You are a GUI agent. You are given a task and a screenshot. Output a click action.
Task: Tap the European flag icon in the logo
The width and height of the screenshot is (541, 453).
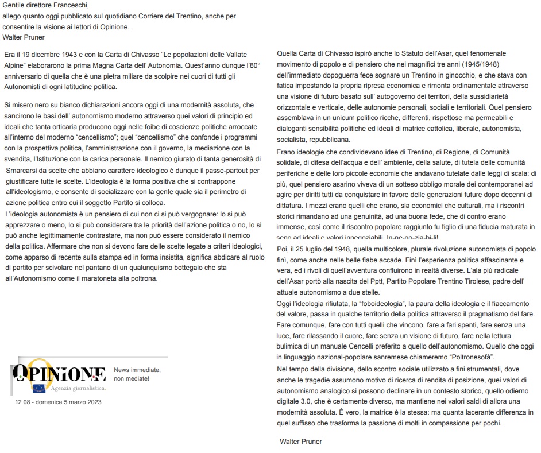(x=38, y=389)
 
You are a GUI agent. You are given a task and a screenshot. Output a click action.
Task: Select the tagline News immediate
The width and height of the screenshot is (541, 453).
(x=137, y=370)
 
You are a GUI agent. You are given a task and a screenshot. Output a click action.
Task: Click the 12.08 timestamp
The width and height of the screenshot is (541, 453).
(x=24, y=402)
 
